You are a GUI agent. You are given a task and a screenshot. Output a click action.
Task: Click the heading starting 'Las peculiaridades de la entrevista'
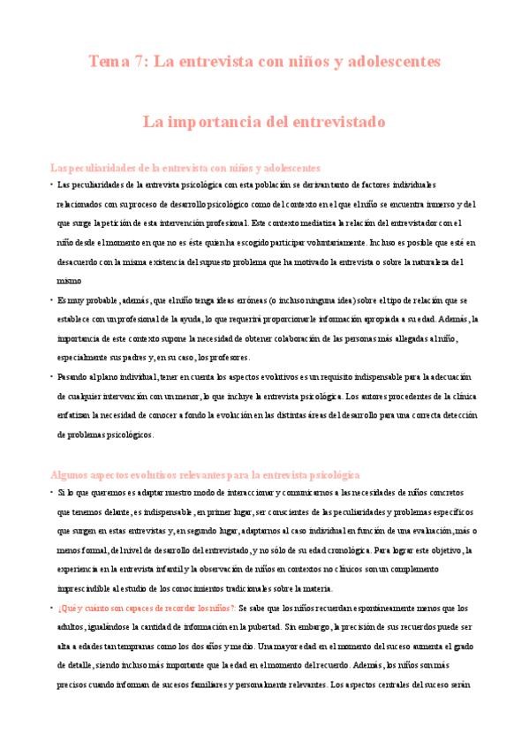point(185,167)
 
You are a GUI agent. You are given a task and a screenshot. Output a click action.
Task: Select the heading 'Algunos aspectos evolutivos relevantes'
point(205,474)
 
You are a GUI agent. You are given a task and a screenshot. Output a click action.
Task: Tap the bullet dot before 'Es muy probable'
point(51,299)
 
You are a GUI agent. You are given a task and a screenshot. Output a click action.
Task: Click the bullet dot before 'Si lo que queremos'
point(51,491)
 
